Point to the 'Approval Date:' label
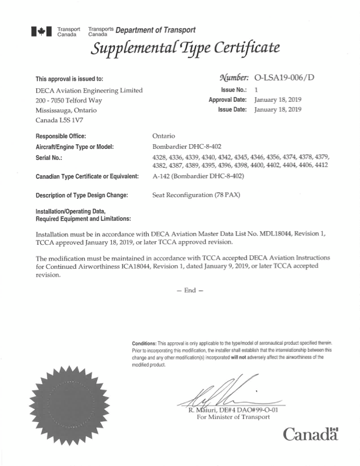pyautogui.click(x=226, y=100)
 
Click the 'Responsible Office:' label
pyautogui.click(x=66, y=136)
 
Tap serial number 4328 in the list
pyautogui.click(x=160, y=157)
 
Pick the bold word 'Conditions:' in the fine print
pyautogui.click(x=145, y=342)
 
